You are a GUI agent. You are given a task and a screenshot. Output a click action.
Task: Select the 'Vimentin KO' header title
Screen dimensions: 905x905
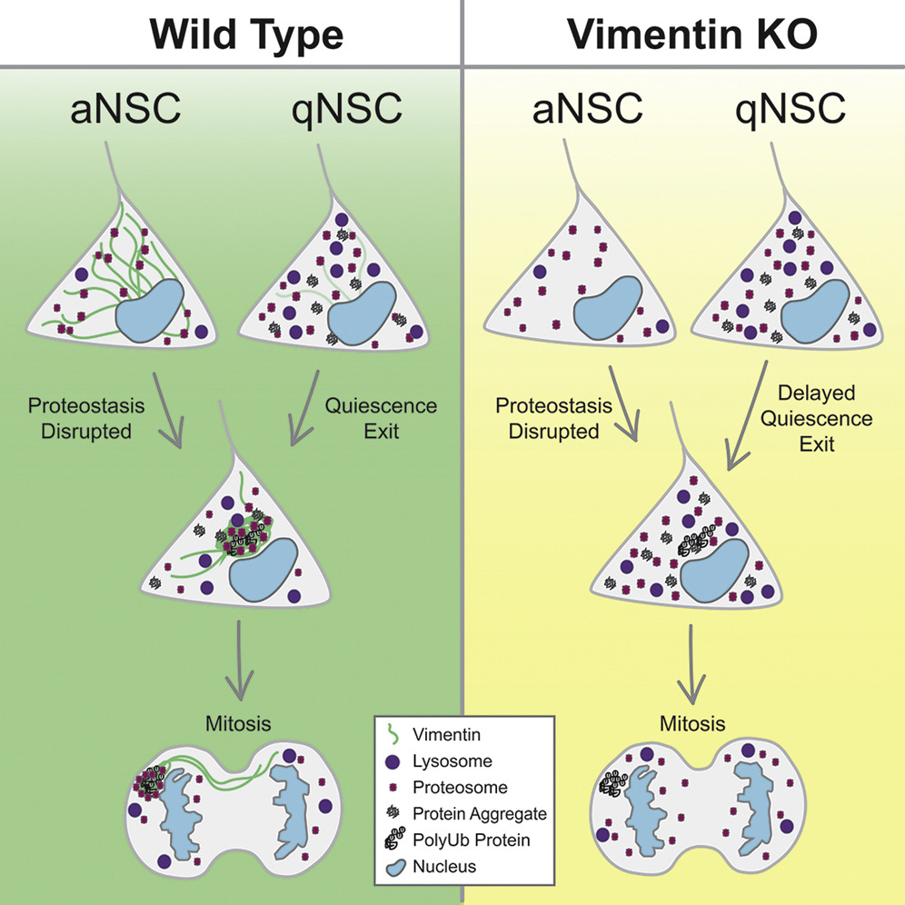(x=691, y=34)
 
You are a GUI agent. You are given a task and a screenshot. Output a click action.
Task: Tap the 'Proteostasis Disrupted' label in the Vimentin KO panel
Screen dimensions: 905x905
(x=553, y=419)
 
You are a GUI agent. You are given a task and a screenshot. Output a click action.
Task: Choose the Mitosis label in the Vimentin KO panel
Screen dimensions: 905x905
(x=692, y=724)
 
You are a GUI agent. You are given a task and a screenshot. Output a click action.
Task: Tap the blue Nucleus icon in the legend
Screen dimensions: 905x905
(x=393, y=867)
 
